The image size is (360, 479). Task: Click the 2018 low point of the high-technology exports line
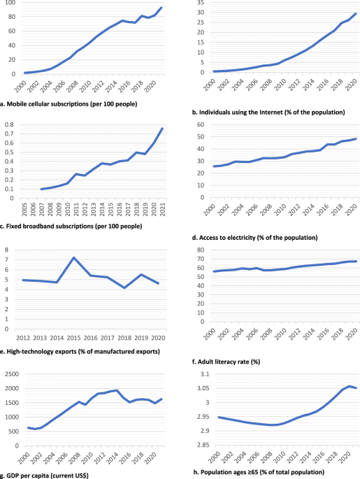124,287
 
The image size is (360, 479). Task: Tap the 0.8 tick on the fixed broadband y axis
8,125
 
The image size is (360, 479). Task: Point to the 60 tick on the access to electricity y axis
199,125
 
